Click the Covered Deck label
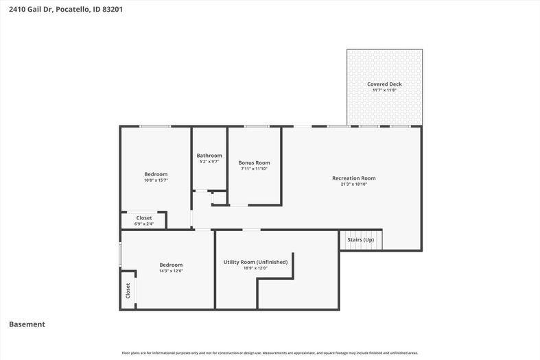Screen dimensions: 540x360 point(384,84)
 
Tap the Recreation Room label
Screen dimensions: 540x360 point(353,178)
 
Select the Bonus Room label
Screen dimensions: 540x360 point(254,163)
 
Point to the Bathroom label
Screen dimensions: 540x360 point(209,156)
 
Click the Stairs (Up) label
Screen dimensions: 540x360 point(361,239)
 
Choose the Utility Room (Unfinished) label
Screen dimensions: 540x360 point(255,262)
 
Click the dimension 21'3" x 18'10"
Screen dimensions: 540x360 point(353,184)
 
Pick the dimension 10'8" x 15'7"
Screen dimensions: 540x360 point(156,180)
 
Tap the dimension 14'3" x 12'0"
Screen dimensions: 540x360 point(171,271)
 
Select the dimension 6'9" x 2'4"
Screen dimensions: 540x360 point(144,224)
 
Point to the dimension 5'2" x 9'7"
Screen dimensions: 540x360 point(209,161)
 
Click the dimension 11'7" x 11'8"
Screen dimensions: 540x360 point(384,91)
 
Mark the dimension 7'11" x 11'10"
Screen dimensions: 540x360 point(254,169)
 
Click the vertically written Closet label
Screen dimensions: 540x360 point(128,291)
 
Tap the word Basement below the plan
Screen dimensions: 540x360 point(27,324)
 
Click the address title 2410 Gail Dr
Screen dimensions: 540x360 point(31,10)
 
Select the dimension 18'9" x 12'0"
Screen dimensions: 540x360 point(255,268)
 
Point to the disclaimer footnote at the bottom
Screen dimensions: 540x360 point(270,352)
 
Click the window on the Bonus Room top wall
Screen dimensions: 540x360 point(256,127)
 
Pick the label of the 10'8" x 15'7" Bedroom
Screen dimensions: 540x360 point(156,174)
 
